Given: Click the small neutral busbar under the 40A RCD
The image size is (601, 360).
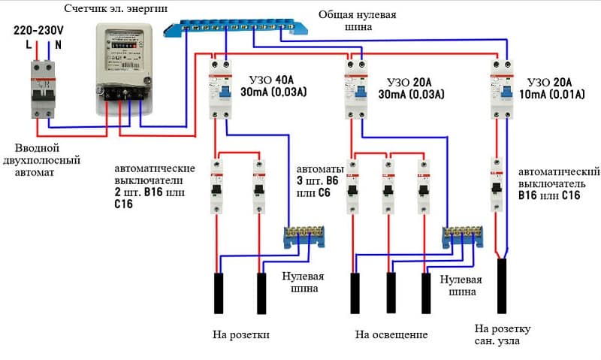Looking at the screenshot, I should point(304,237).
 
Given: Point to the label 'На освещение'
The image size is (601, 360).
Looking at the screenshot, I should point(391,334).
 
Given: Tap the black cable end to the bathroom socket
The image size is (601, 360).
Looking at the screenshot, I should point(503,286).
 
